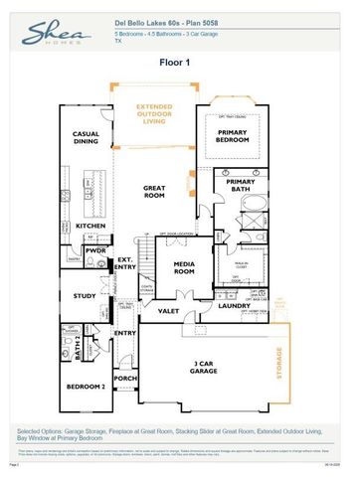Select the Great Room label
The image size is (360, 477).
point(154,192)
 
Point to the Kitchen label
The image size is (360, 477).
point(90,226)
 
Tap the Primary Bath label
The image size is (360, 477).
point(241,187)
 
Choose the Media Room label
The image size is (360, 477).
point(184,266)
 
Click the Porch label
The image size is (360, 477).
point(126,379)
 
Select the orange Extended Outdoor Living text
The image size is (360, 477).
point(154,112)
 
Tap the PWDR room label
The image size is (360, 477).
point(95,251)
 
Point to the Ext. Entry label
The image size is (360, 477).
point(125,263)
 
